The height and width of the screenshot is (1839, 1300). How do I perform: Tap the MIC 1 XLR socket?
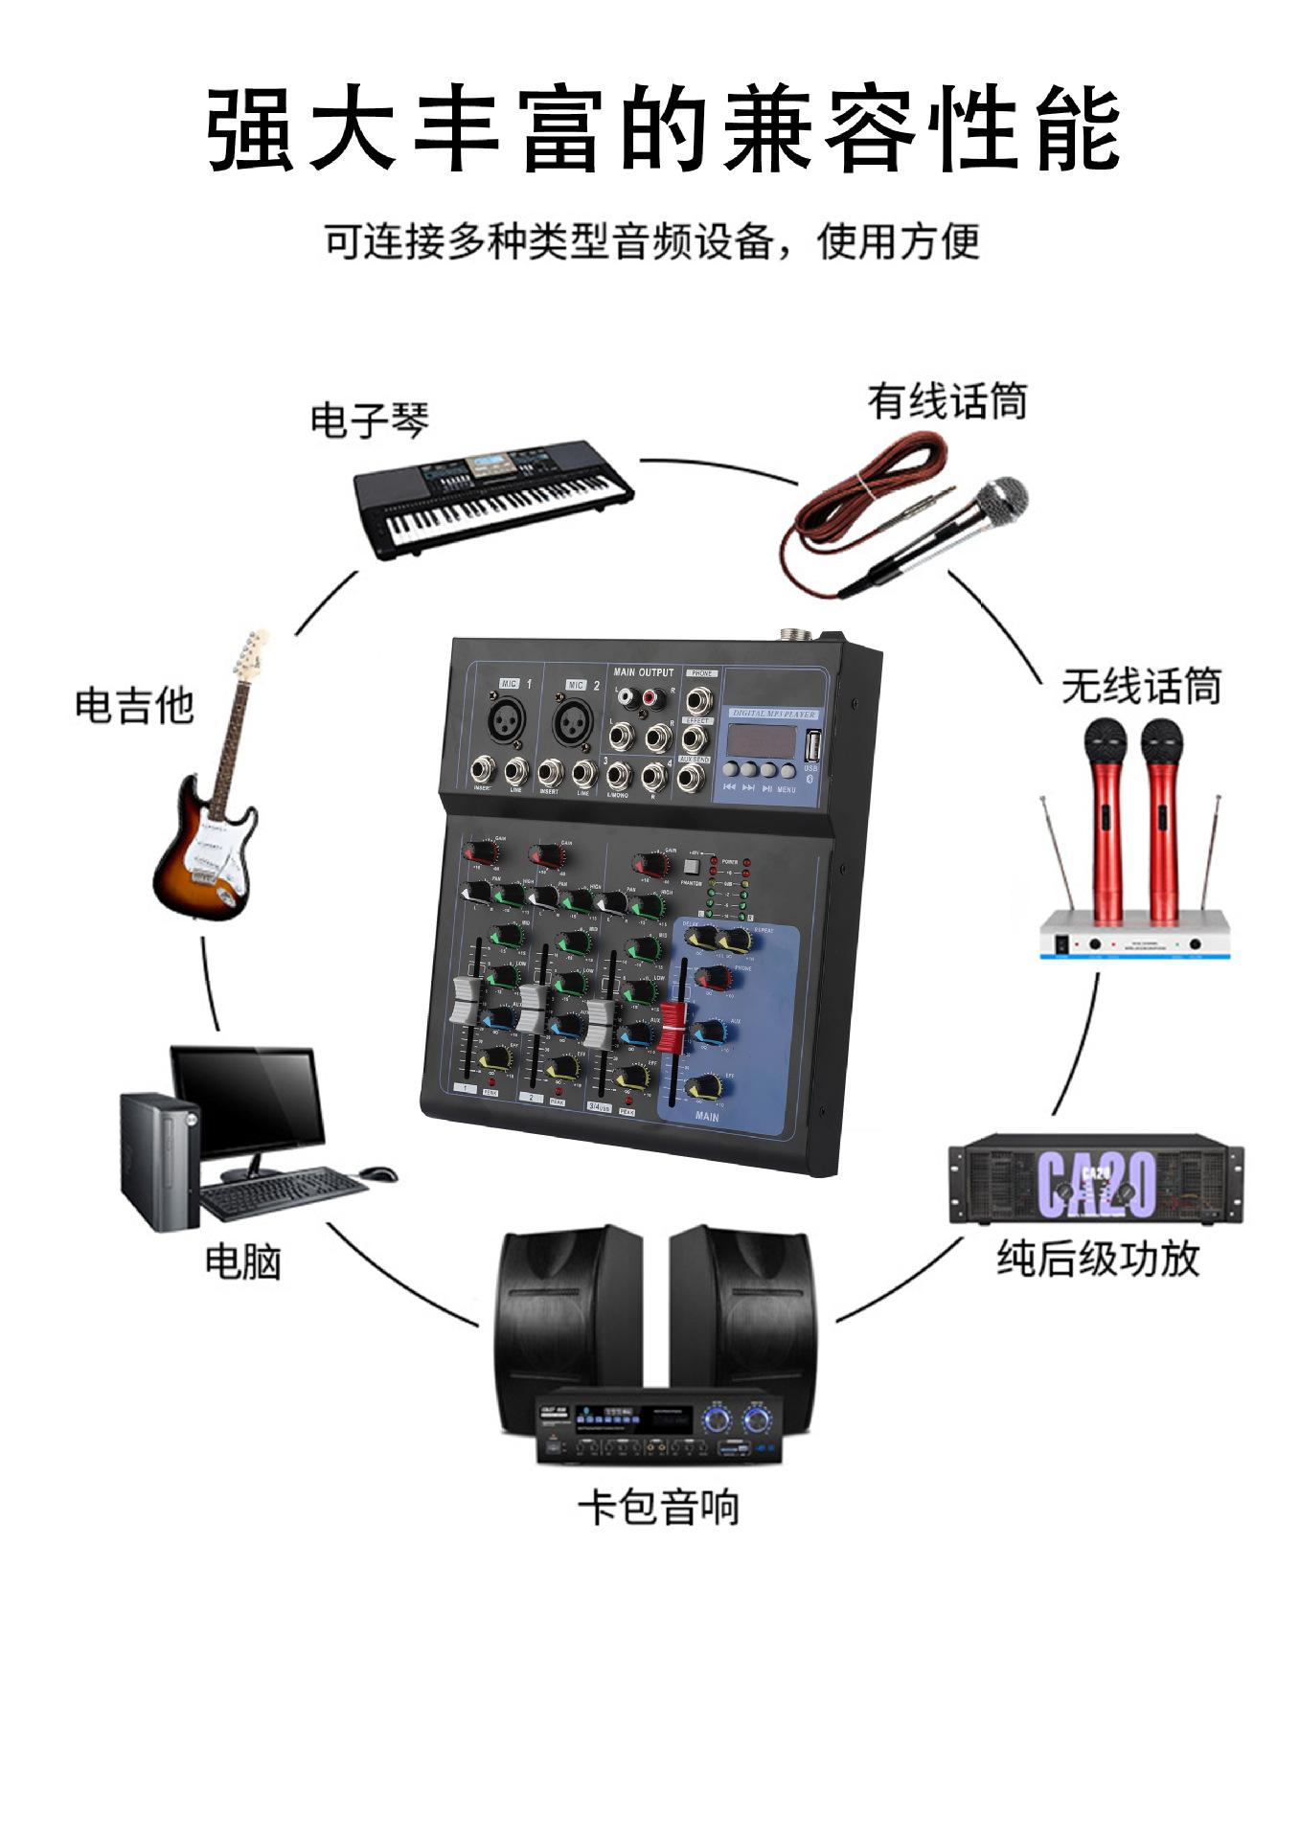[508, 720]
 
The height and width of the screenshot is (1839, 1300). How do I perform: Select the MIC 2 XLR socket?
[573, 720]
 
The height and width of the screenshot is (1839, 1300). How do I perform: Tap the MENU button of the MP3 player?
[787, 770]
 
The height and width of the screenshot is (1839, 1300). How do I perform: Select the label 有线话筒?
[946, 401]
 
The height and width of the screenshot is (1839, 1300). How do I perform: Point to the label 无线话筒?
[1141, 687]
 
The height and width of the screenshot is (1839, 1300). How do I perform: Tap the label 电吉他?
[134, 705]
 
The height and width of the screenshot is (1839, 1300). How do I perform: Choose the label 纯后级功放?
[1098, 1258]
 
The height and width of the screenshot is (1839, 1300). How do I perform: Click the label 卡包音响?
[658, 1508]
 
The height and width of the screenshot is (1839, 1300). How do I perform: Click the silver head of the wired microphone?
[1002, 500]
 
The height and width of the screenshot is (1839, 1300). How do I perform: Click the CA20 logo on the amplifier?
[1096, 1184]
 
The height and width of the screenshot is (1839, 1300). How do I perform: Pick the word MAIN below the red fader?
[707, 1117]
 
